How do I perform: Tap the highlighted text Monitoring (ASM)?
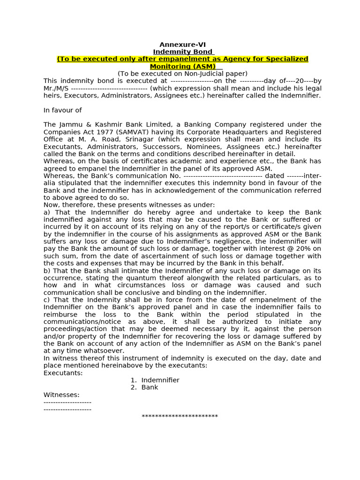(182, 67)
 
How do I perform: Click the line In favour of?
(62, 110)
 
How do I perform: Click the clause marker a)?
(47, 212)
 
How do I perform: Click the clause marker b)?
(47, 270)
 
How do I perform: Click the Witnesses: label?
(61, 395)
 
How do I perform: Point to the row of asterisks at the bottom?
(180, 416)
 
